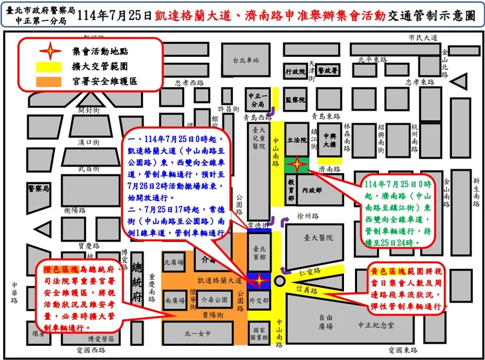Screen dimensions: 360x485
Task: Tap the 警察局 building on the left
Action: [x=38, y=188]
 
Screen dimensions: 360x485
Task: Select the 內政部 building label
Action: [x=318, y=191]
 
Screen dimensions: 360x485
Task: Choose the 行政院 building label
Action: [x=295, y=72]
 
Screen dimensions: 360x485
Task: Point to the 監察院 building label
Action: [x=295, y=100]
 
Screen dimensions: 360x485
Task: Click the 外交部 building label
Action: [x=259, y=301]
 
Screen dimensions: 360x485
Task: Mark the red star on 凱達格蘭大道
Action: [x=259, y=281]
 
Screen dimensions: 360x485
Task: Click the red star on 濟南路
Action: [x=297, y=163]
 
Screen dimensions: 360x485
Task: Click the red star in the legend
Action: [x=44, y=50]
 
